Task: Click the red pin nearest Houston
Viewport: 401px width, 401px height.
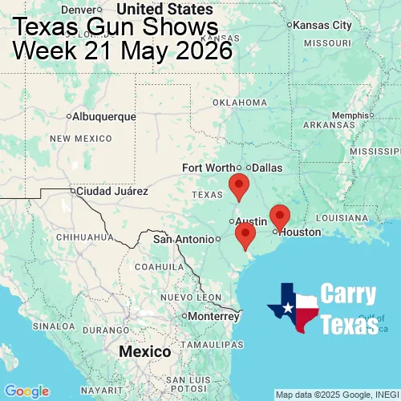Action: pyautogui.click(x=279, y=216)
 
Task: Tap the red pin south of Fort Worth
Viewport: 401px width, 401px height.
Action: pyautogui.click(x=238, y=185)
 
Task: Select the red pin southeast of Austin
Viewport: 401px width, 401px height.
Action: pyautogui.click(x=245, y=234)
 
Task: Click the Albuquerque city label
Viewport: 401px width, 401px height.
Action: pyautogui.click(x=103, y=116)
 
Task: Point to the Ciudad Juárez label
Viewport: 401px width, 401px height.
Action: pyautogui.click(x=111, y=192)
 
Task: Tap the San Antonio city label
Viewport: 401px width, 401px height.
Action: pyautogui.click(x=184, y=239)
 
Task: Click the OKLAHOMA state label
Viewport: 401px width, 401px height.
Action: pyautogui.click(x=240, y=103)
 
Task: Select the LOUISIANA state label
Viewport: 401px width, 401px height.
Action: pyautogui.click(x=346, y=218)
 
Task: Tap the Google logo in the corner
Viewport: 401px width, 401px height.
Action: pyautogui.click(x=26, y=391)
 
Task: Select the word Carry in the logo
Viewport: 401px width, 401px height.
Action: pyautogui.click(x=349, y=294)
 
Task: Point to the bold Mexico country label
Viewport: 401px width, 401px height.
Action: pyautogui.click(x=144, y=352)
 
